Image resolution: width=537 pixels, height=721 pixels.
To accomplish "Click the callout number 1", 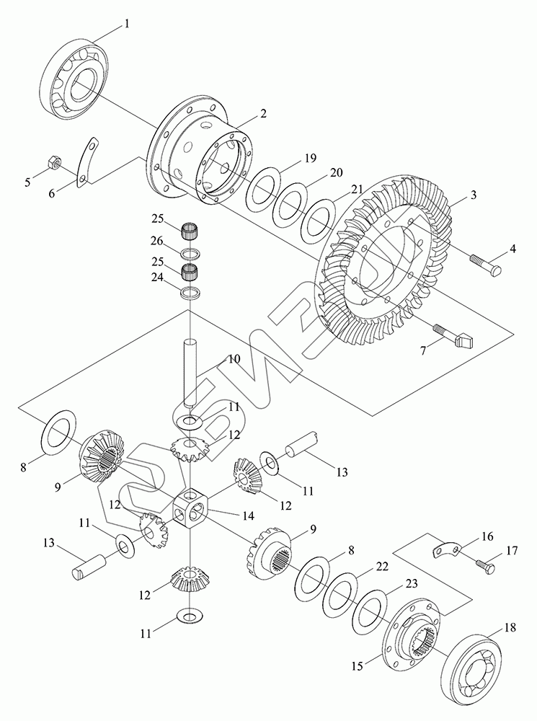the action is pos(127,24).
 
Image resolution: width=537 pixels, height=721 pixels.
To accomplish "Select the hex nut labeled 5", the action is pos(54,163).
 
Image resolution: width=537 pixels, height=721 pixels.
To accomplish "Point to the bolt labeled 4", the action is pos(486,264).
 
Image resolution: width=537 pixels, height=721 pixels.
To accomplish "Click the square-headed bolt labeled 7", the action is pos(453,336).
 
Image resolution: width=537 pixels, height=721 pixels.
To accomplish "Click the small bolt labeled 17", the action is pos(484,566).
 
